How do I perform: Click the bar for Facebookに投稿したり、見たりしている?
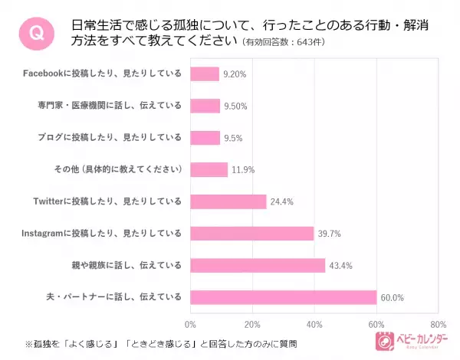[x=205, y=74]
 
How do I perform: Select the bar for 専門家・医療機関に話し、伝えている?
[x=205, y=106]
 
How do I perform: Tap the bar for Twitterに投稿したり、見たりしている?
[x=228, y=201]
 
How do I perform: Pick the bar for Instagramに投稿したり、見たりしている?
[x=252, y=233]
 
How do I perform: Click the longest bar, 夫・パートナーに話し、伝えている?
[x=284, y=297]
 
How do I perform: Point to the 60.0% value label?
[x=394, y=297]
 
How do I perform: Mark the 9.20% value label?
[x=235, y=74]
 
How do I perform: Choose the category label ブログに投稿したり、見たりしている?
[x=110, y=138]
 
